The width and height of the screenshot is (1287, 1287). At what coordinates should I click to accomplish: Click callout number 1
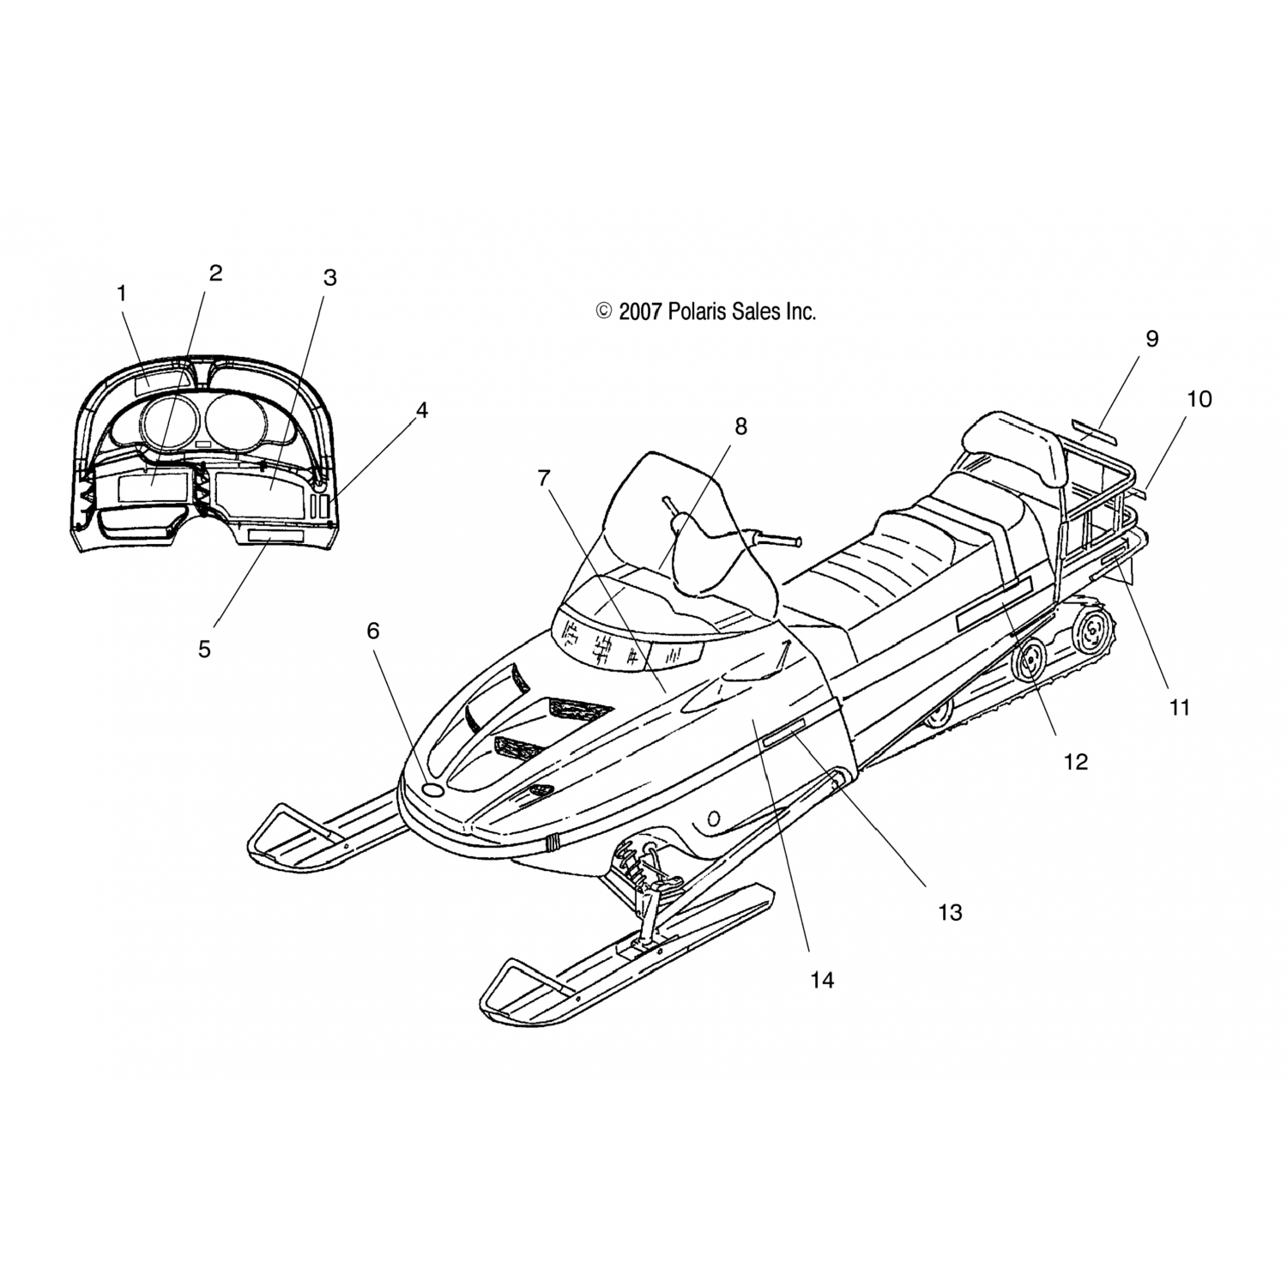(121, 293)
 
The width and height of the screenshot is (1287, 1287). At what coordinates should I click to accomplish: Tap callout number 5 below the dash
(204, 650)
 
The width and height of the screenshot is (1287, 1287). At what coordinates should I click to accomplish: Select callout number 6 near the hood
(372, 631)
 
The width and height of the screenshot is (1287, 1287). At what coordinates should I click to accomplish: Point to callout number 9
(1151, 339)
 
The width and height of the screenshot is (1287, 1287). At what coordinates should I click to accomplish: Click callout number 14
(821, 979)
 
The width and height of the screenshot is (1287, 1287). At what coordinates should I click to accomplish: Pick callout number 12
(1075, 761)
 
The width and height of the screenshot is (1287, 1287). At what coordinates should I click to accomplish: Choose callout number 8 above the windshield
(740, 426)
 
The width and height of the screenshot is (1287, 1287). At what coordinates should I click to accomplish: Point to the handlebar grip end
(797, 542)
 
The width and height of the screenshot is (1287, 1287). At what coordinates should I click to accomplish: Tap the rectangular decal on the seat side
(994, 605)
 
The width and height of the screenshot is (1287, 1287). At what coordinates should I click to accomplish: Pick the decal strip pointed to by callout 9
(1095, 432)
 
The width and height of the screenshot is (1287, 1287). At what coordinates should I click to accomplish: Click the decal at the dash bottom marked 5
(275, 536)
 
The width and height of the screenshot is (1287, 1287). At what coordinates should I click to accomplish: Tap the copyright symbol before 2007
(603, 311)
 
